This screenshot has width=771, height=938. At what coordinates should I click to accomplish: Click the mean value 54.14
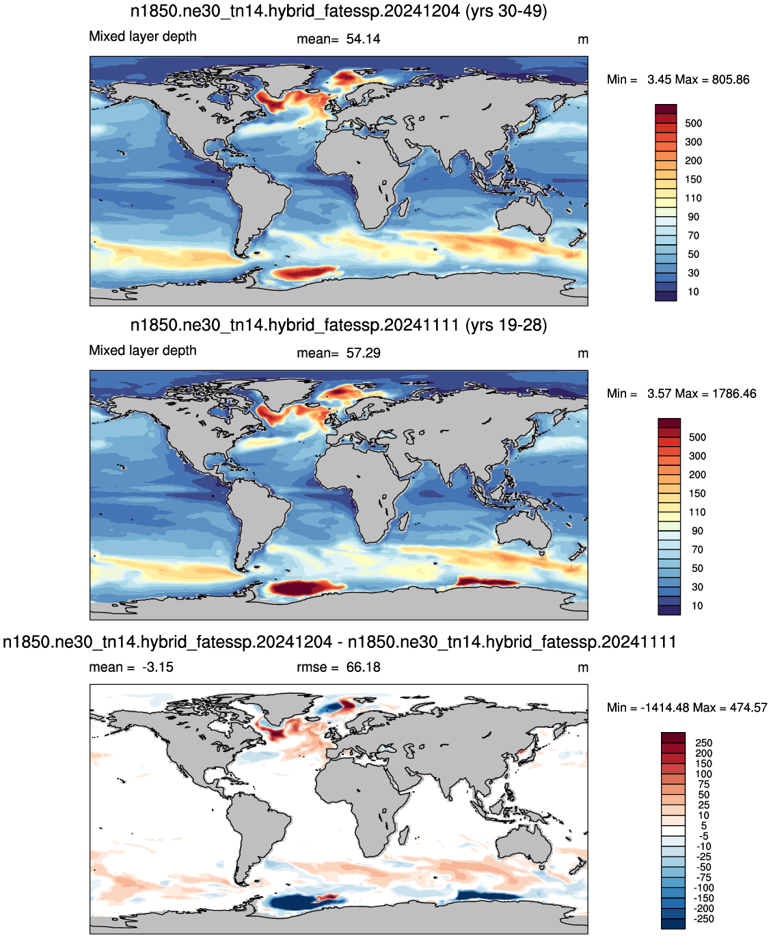tap(363, 39)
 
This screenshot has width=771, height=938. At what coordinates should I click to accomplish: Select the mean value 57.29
tap(363, 353)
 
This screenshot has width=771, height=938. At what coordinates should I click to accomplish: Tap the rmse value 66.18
tap(363, 667)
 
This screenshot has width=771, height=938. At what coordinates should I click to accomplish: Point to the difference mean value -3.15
tap(158, 667)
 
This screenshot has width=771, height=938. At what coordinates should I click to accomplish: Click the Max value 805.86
tap(731, 79)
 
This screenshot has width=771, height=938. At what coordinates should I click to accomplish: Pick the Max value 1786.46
tap(734, 393)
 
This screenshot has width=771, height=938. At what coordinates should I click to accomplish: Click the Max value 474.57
tap(748, 707)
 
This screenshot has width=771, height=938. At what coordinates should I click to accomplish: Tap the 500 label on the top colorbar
tap(693, 123)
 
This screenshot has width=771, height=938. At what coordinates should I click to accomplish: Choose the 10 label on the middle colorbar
tap(696, 605)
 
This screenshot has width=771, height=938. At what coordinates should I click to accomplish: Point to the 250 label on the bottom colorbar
tap(704, 743)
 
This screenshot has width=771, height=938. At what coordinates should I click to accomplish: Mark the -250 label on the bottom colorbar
tap(704, 920)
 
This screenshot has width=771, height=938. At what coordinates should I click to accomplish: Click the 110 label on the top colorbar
tap(693, 198)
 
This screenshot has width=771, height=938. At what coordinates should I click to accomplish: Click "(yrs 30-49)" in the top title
tap(506, 11)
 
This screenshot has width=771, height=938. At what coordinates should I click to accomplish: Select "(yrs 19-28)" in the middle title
tap(506, 325)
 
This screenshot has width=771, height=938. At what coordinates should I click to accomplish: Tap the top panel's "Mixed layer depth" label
tap(143, 36)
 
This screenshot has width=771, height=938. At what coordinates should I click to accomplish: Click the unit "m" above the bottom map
tap(583, 668)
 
